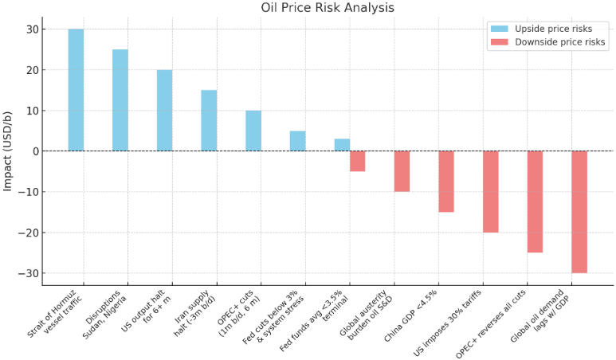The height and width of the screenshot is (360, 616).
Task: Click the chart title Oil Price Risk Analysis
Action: point(328,8)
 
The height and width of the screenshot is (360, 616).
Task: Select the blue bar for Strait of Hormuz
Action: point(76,90)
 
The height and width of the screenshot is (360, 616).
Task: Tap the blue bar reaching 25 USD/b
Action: point(120,100)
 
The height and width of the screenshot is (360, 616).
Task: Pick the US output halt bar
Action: point(164,111)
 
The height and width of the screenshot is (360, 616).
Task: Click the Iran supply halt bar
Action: point(209,120)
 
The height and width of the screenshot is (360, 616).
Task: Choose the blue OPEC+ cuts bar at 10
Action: point(253,131)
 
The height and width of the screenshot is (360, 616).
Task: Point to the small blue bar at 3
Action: point(342,145)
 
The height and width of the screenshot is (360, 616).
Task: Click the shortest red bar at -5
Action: point(357,161)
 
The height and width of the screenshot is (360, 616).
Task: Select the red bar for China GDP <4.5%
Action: point(446,182)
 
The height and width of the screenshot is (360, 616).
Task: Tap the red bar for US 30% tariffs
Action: point(490,192)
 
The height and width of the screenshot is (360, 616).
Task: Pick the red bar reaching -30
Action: point(579,212)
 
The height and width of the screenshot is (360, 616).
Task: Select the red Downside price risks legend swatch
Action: point(500,42)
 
